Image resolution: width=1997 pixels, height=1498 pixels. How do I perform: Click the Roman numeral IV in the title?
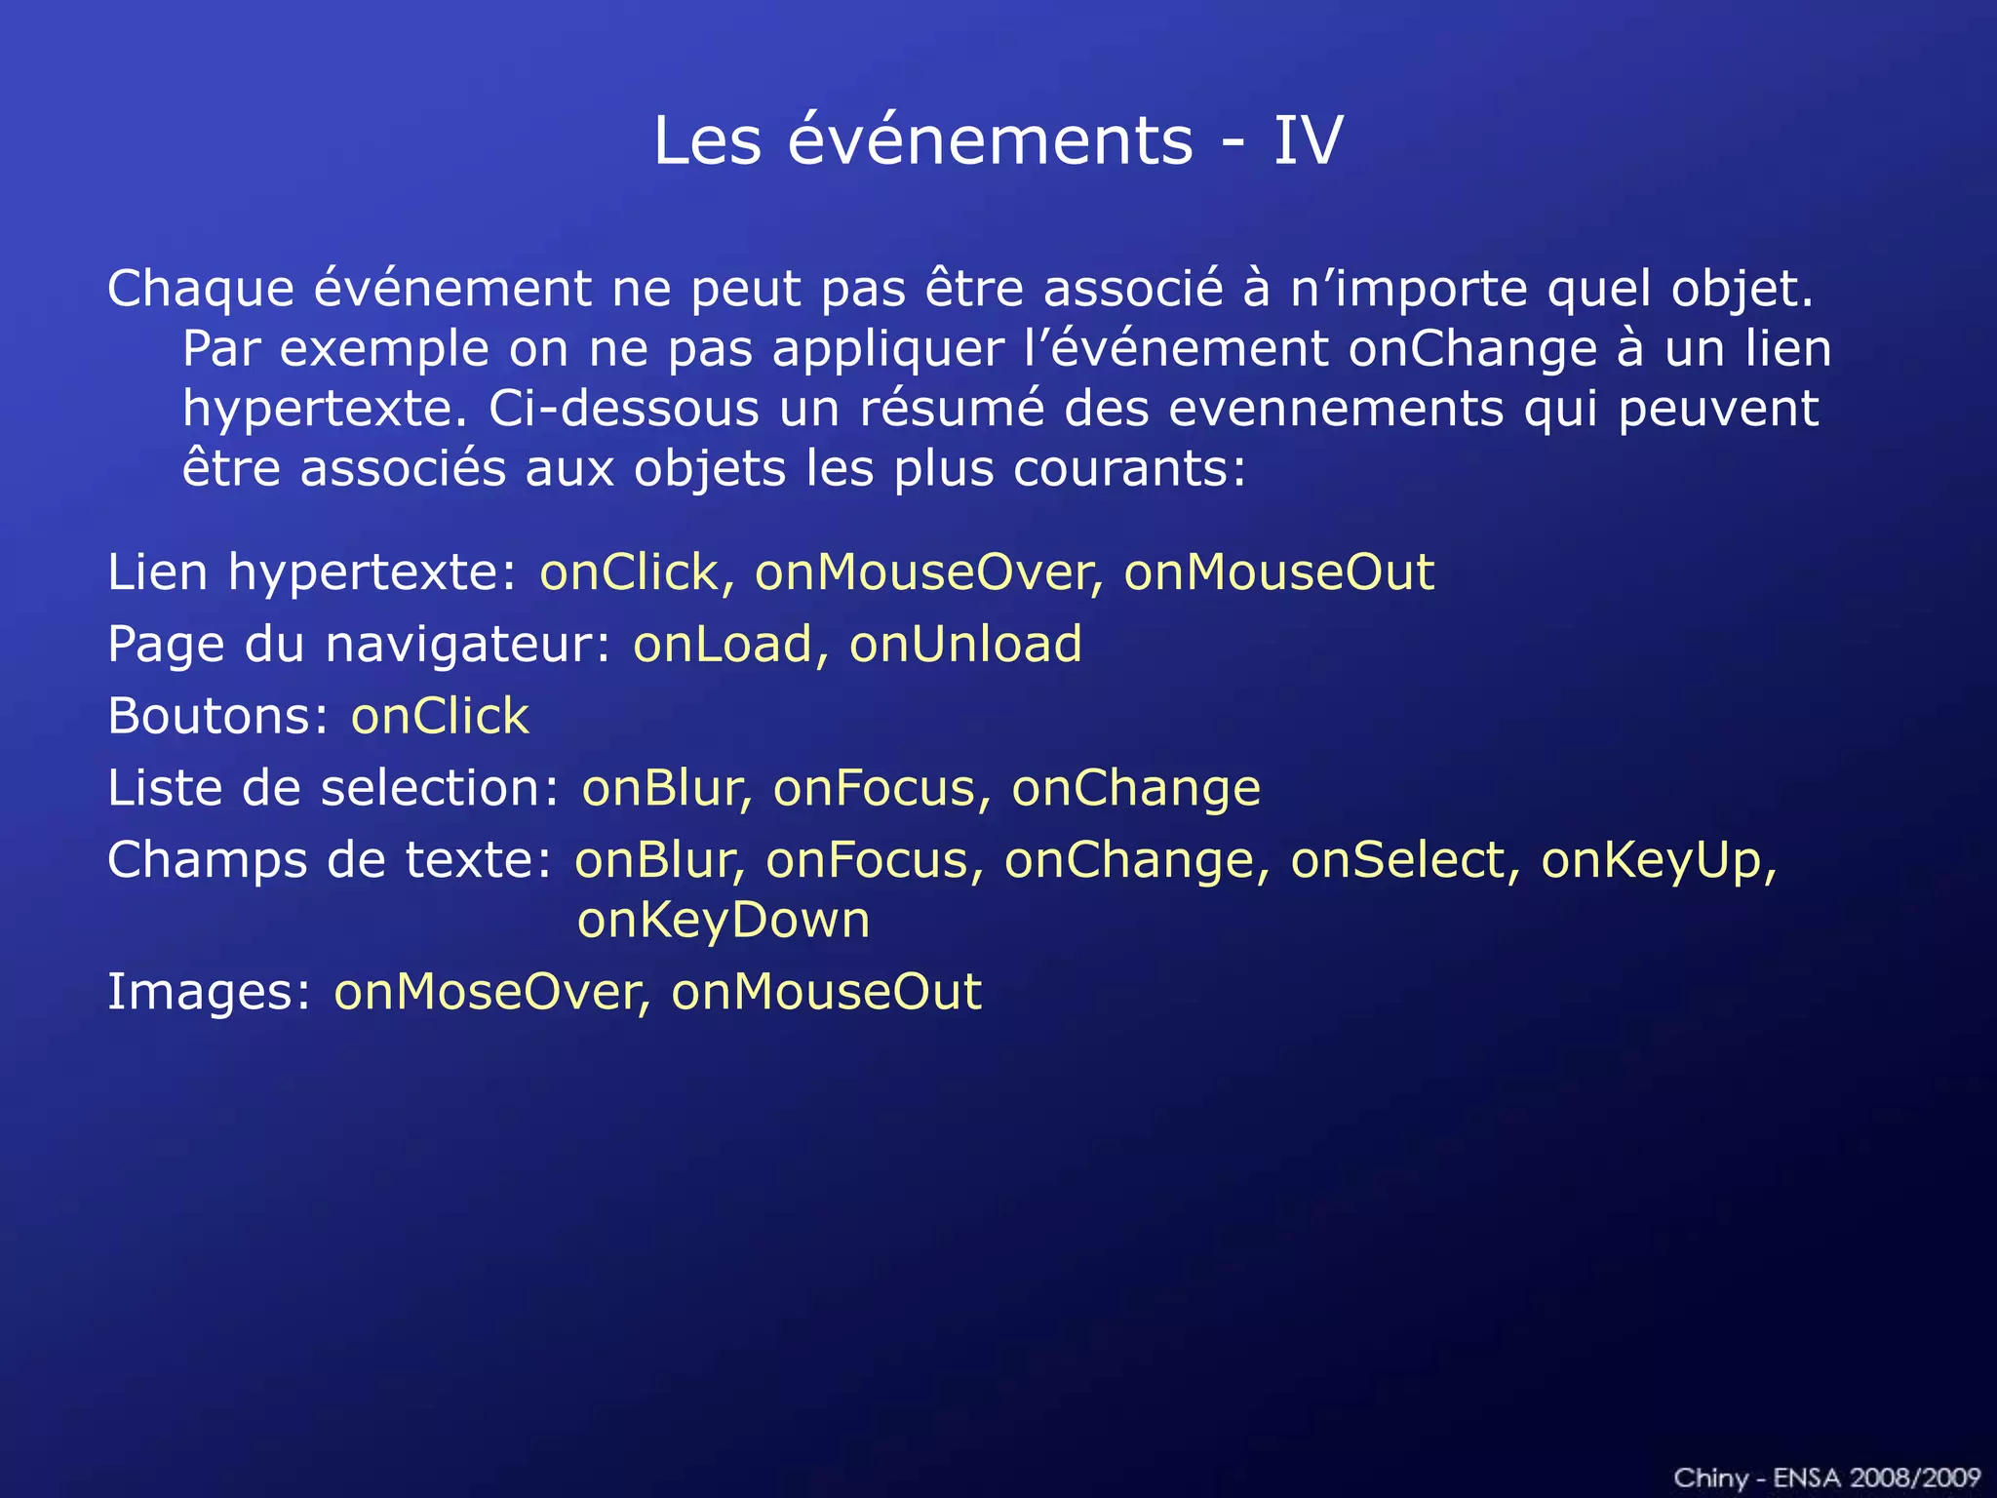1308,140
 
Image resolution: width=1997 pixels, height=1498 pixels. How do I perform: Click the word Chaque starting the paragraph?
201,289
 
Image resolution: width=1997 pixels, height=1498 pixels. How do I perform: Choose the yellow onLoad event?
723,644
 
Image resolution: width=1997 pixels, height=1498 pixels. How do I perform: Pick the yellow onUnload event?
965,644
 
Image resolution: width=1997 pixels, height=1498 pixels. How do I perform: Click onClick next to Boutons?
440,716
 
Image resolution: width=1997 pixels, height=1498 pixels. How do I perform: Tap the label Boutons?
218,716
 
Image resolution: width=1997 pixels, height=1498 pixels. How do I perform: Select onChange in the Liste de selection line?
1136,788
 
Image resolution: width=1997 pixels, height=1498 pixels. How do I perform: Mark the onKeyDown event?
723,921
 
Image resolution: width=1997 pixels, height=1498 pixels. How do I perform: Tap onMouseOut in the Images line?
826,992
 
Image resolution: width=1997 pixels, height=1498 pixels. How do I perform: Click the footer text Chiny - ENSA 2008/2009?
1826,1478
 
